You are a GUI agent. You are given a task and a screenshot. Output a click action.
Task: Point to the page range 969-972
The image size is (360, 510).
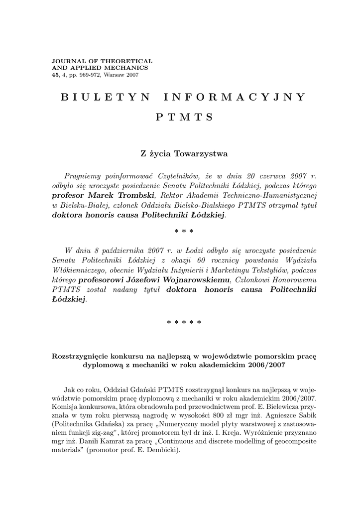click(96, 75)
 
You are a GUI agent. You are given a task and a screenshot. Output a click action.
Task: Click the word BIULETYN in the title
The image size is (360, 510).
click(105, 97)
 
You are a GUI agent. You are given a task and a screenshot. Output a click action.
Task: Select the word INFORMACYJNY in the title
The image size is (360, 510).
click(233, 97)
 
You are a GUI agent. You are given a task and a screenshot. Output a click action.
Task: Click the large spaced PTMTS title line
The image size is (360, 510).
click(184, 118)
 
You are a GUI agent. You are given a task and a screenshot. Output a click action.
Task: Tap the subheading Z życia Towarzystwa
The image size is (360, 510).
click(184, 154)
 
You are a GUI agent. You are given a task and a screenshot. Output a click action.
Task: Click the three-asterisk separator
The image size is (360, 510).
click(184, 232)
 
